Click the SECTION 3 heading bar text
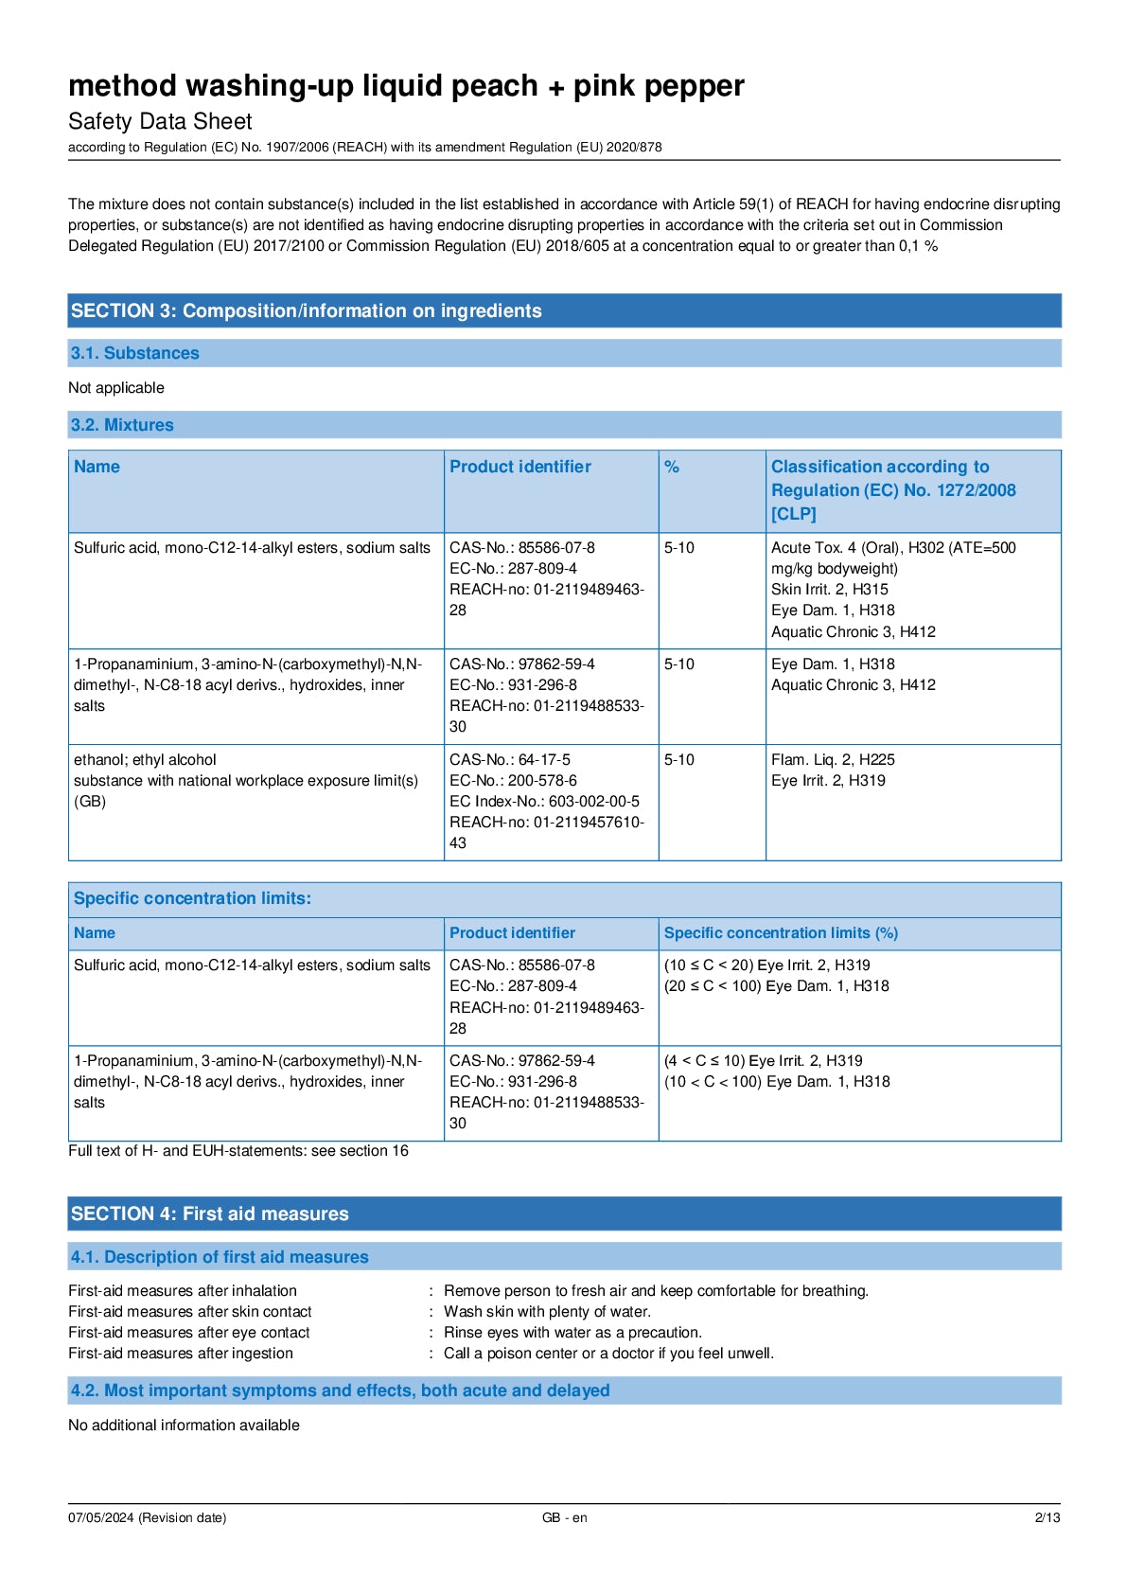click(306, 310)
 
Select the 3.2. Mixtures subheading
click(122, 425)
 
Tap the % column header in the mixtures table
click(672, 467)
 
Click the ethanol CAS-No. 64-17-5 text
click(510, 759)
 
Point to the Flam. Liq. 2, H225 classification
click(833, 759)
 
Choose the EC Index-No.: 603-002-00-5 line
click(544, 801)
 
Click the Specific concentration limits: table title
click(192, 898)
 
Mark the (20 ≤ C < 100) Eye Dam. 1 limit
click(776, 985)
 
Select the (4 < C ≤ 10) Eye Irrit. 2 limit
click(763, 1060)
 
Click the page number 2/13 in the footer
click(1047, 1517)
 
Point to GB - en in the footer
click(564, 1517)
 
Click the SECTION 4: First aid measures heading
click(209, 1213)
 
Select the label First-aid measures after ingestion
click(181, 1353)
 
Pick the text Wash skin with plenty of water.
click(547, 1311)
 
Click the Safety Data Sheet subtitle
click(160, 121)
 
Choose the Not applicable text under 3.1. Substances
click(116, 387)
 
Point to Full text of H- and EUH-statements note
click(238, 1150)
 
